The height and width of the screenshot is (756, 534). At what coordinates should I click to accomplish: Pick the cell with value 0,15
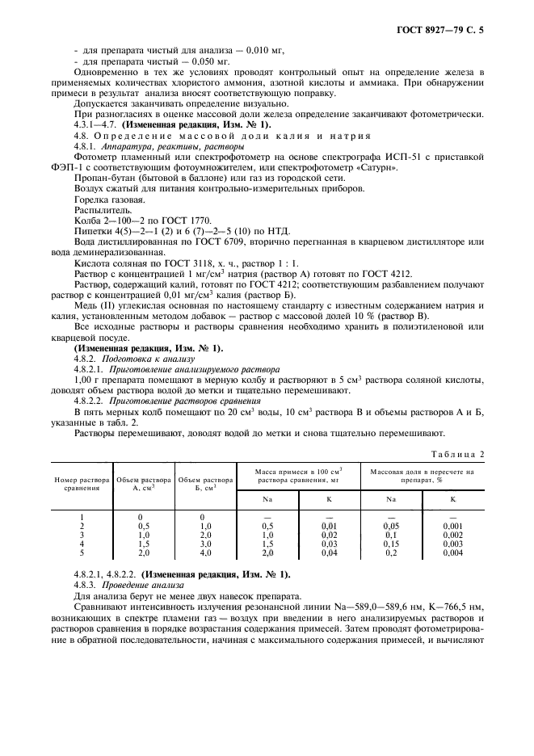tap(391, 545)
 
